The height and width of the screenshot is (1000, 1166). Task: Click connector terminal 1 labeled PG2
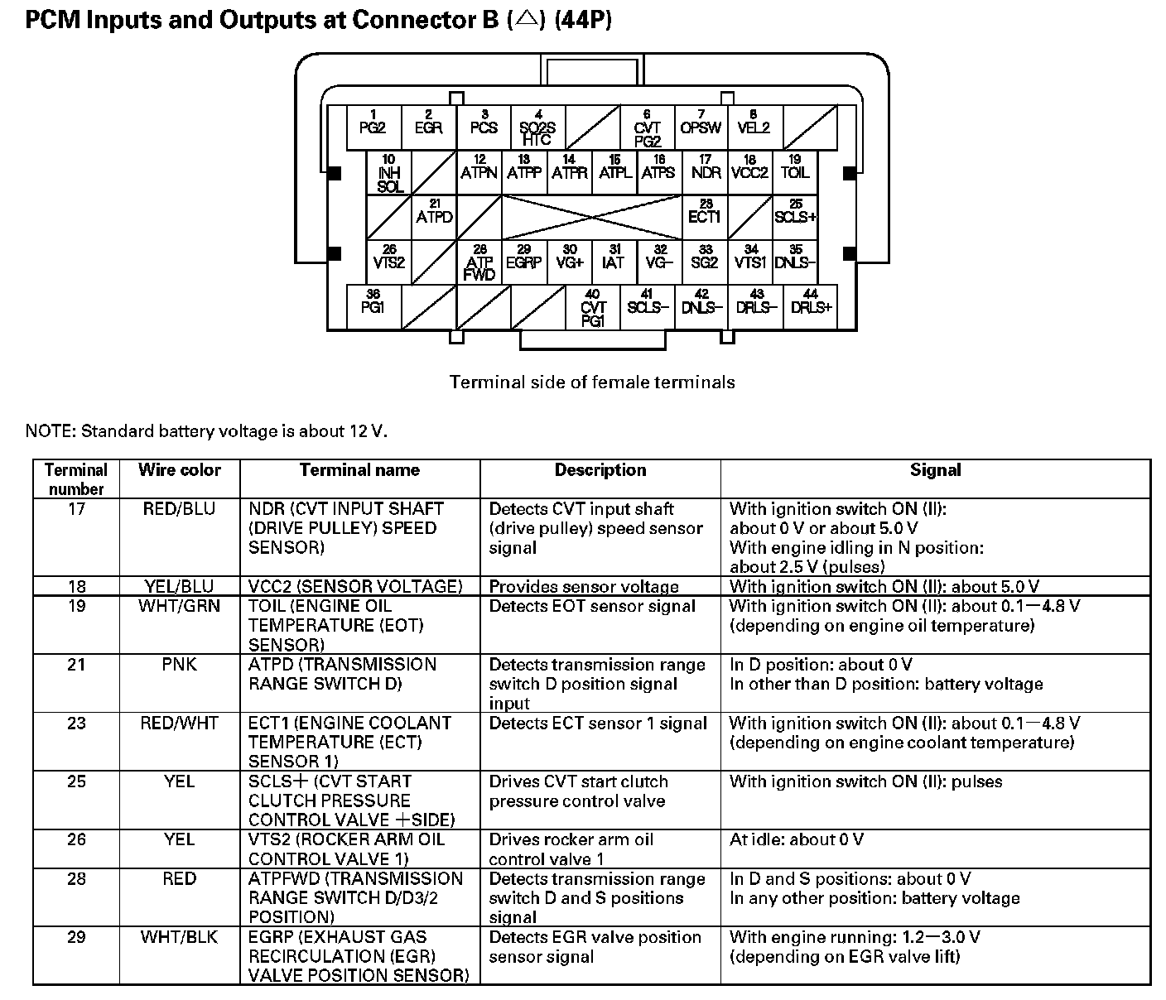coord(373,127)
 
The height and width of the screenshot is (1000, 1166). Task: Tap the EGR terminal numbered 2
coord(428,127)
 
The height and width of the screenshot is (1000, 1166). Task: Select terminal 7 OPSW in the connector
coord(701,127)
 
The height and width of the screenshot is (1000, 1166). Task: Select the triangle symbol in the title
coord(524,21)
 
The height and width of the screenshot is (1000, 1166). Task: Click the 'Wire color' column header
coord(180,470)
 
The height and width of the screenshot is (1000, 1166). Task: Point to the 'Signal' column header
coord(935,470)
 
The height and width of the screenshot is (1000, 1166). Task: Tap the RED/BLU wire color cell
coord(179,509)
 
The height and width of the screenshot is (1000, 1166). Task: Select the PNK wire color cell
coord(179,665)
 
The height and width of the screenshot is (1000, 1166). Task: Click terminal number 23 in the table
coord(76,724)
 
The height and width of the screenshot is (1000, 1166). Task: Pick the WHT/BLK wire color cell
coord(179,937)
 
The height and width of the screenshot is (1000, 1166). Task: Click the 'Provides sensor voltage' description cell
coord(584,587)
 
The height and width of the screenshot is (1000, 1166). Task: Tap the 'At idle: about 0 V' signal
coord(796,839)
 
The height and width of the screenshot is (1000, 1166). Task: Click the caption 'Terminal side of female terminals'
coord(592,382)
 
